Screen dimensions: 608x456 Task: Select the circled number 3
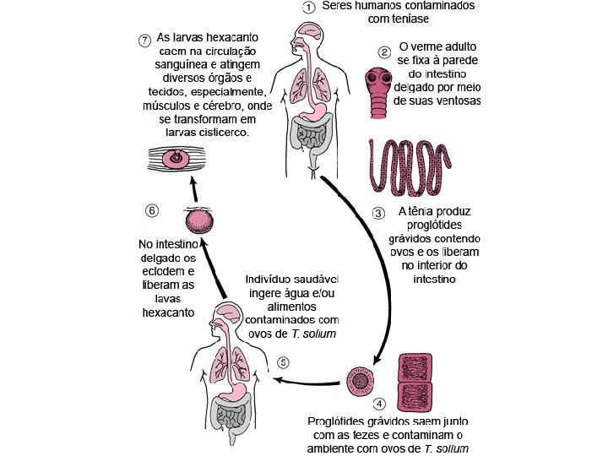click(x=379, y=212)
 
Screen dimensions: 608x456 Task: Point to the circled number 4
click(x=379, y=404)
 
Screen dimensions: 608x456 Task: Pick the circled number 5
click(x=284, y=362)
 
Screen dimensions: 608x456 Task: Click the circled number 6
click(x=152, y=209)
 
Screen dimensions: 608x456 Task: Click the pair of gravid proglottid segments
click(x=414, y=381)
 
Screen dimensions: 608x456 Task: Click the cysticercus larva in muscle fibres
click(x=176, y=158)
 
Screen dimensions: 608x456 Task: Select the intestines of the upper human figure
click(x=309, y=135)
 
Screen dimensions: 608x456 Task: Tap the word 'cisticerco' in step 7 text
click(x=214, y=132)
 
